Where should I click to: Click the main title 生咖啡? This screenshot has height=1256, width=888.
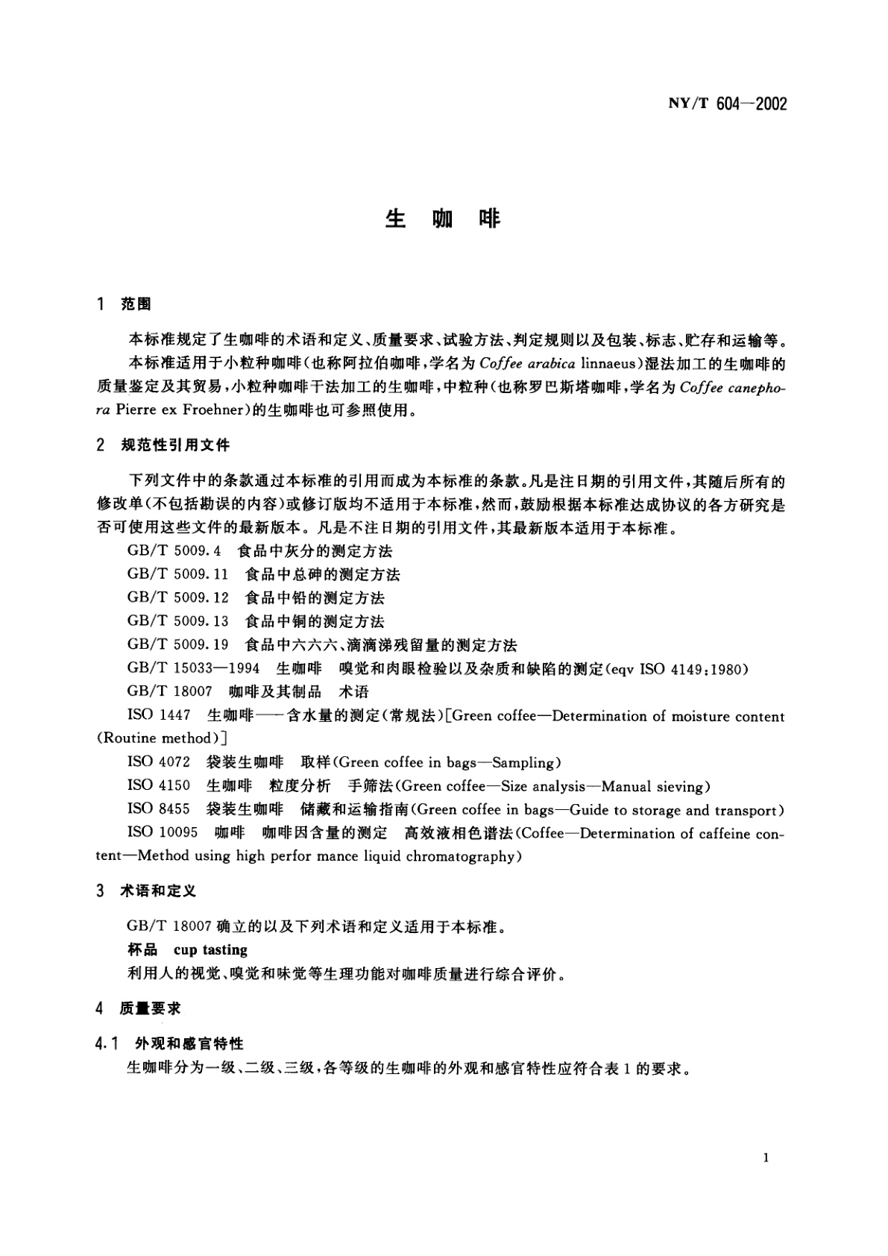443,219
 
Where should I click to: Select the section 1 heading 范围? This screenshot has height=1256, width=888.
136,304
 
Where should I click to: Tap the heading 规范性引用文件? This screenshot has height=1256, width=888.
175,445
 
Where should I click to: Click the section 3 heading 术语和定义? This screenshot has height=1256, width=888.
158,891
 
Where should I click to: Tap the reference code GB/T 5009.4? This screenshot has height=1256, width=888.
175,551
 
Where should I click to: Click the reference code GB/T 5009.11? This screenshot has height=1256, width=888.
178,574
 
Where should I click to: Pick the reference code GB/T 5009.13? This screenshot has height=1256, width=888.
178,621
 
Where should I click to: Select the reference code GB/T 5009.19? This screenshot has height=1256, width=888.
178,644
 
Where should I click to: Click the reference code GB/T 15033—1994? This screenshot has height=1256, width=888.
194,668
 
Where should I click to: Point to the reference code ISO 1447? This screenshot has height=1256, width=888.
159,715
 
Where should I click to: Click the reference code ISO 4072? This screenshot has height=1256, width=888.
159,762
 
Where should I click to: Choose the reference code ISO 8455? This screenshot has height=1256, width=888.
159,809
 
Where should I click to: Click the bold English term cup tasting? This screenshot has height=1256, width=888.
210,950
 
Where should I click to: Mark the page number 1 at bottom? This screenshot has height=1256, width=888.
766,1158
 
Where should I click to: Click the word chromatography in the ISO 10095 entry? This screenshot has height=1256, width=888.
462,856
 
